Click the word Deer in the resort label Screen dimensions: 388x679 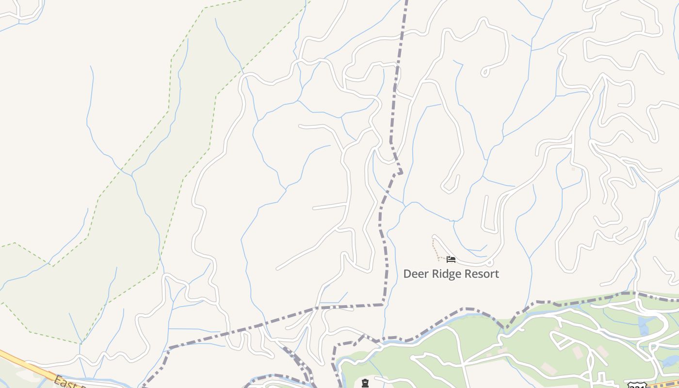tap(414, 274)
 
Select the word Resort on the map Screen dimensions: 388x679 tap(482, 274)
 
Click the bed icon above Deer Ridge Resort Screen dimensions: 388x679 tap(451, 259)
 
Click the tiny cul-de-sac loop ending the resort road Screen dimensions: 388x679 tap(489, 263)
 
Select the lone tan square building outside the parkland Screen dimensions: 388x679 tap(573, 169)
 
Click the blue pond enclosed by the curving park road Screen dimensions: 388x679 tap(644, 326)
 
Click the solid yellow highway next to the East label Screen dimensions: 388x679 tap(29, 364)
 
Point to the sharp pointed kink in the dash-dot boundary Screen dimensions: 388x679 tap(401, 172)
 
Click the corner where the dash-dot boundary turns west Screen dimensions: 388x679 tap(383, 305)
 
